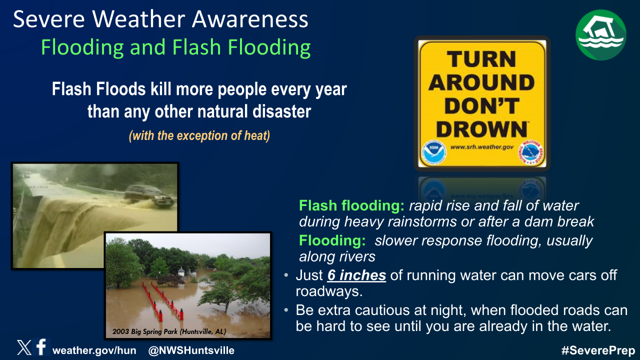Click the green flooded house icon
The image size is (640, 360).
(x=600, y=35)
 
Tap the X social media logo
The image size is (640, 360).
(x=24, y=347)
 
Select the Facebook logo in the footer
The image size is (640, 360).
(x=41, y=347)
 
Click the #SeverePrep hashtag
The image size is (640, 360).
(x=598, y=350)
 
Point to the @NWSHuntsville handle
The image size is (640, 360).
(x=191, y=350)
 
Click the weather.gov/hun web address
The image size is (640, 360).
(x=94, y=350)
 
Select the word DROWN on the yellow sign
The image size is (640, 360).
(x=481, y=129)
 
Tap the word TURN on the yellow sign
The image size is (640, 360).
(x=481, y=59)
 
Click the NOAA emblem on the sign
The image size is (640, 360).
(x=434, y=153)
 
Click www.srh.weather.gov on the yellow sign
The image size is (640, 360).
(x=481, y=147)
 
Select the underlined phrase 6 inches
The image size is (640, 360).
(x=356, y=275)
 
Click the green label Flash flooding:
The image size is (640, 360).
(x=351, y=205)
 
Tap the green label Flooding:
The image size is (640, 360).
(x=332, y=240)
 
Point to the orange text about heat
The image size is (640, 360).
(x=199, y=135)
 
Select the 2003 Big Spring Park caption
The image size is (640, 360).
(x=169, y=331)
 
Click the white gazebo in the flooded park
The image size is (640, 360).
(x=181, y=271)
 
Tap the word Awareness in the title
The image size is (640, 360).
(x=250, y=19)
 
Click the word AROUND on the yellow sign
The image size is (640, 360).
(x=481, y=82)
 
